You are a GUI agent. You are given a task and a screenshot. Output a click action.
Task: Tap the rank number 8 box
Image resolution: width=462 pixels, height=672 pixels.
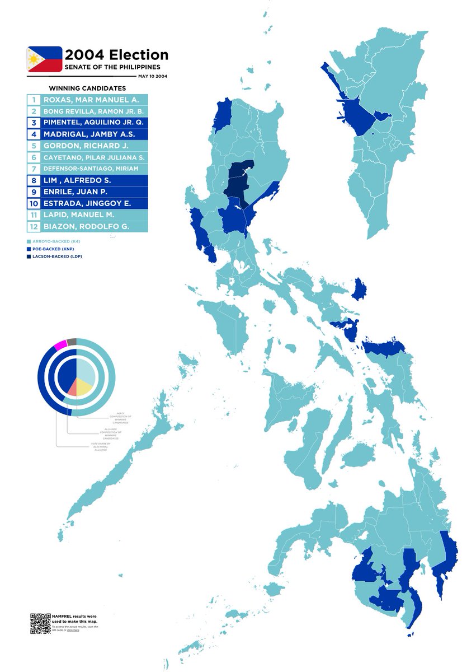(x=34, y=180)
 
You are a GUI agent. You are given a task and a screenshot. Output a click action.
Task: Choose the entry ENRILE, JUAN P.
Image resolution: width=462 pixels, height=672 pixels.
(x=83, y=192)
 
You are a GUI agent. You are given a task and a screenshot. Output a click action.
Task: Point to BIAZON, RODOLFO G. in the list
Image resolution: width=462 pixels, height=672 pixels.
(x=86, y=226)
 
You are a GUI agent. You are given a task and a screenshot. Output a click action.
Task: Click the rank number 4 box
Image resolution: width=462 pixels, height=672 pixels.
(x=34, y=134)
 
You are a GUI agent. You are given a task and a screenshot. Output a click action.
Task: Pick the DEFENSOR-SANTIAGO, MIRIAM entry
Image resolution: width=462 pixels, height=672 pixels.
(x=91, y=169)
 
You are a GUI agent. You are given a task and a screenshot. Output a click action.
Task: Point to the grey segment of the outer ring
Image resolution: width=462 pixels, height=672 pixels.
(x=72, y=341)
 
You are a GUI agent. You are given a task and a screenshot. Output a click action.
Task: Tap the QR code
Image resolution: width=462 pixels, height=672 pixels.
(x=40, y=623)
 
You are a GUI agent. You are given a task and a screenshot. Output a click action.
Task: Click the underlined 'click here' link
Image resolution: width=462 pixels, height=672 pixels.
(x=73, y=630)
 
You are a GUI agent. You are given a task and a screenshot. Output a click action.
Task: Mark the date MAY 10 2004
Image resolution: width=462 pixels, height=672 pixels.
(x=153, y=76)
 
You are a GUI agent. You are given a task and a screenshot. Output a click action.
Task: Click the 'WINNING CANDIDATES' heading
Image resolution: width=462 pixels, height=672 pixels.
(x=87, y=88)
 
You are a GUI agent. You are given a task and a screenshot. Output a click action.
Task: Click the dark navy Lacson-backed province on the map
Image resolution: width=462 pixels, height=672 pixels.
(x=238, y=180)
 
